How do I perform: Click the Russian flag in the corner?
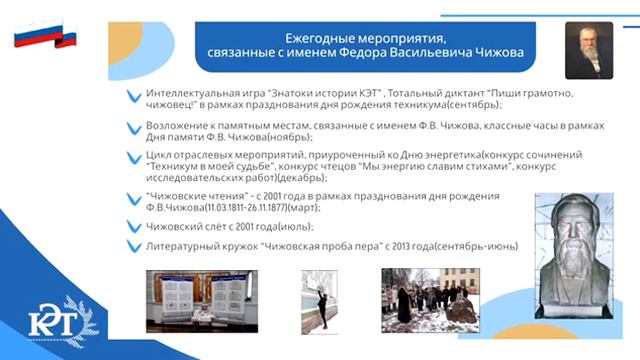45,37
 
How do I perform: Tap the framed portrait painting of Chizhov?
589,50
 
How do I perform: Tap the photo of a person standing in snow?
319,299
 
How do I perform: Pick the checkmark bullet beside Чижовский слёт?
133,228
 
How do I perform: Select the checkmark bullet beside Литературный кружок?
133,246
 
